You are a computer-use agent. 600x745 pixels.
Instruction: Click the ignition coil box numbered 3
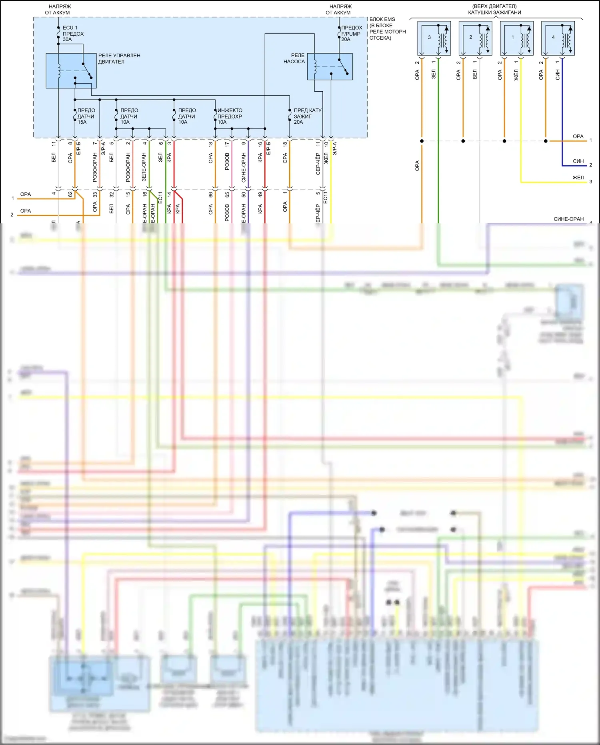(x=434, y=38)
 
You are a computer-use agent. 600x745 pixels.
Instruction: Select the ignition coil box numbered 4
(x=558, y=38)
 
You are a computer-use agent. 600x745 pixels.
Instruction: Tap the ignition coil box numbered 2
(x=475, y=38)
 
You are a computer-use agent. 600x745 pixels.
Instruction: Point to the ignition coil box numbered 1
(x=516, y=38)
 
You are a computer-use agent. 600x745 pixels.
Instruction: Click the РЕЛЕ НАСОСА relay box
(x=330, y=66)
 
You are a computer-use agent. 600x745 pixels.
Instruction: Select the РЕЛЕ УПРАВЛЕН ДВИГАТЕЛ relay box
(x=71, y=70)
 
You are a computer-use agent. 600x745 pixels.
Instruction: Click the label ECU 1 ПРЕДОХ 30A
(x=73, y=34)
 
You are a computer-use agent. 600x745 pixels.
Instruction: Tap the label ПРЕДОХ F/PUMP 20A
(x=351, y=34)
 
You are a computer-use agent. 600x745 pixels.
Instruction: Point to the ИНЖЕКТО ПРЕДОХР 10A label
(x=230, y=116)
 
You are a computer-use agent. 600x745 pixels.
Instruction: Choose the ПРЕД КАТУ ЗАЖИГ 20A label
(x=307, y=116)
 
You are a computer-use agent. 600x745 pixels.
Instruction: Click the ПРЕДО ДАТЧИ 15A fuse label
(x=86, y=116)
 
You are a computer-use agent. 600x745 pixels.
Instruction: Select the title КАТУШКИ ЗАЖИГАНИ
(x=494, y=12)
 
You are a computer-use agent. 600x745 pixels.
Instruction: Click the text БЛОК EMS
(x=382, y=19)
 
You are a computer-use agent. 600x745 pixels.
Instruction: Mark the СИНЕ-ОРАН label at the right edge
(x=568, y=219)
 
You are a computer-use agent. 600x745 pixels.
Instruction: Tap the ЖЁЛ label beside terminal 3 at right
(x=578, y=177)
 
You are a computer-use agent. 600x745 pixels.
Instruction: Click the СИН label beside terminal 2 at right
(x=578, y=161)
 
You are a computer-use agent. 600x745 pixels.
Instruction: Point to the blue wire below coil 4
(x=562, y=112)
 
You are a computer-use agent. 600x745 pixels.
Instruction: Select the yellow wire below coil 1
(x=521, y=120)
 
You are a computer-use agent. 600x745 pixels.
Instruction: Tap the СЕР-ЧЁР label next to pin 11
(x=318, y=164)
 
